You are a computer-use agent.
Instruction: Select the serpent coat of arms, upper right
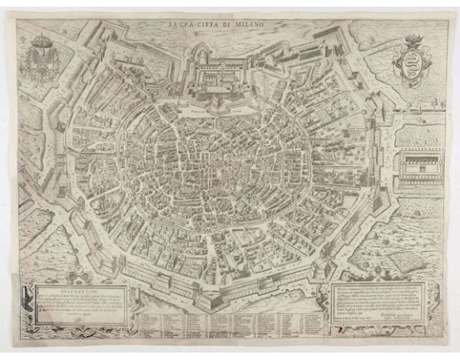coord(417,61)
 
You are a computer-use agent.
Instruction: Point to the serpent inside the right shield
coord(417,63)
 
